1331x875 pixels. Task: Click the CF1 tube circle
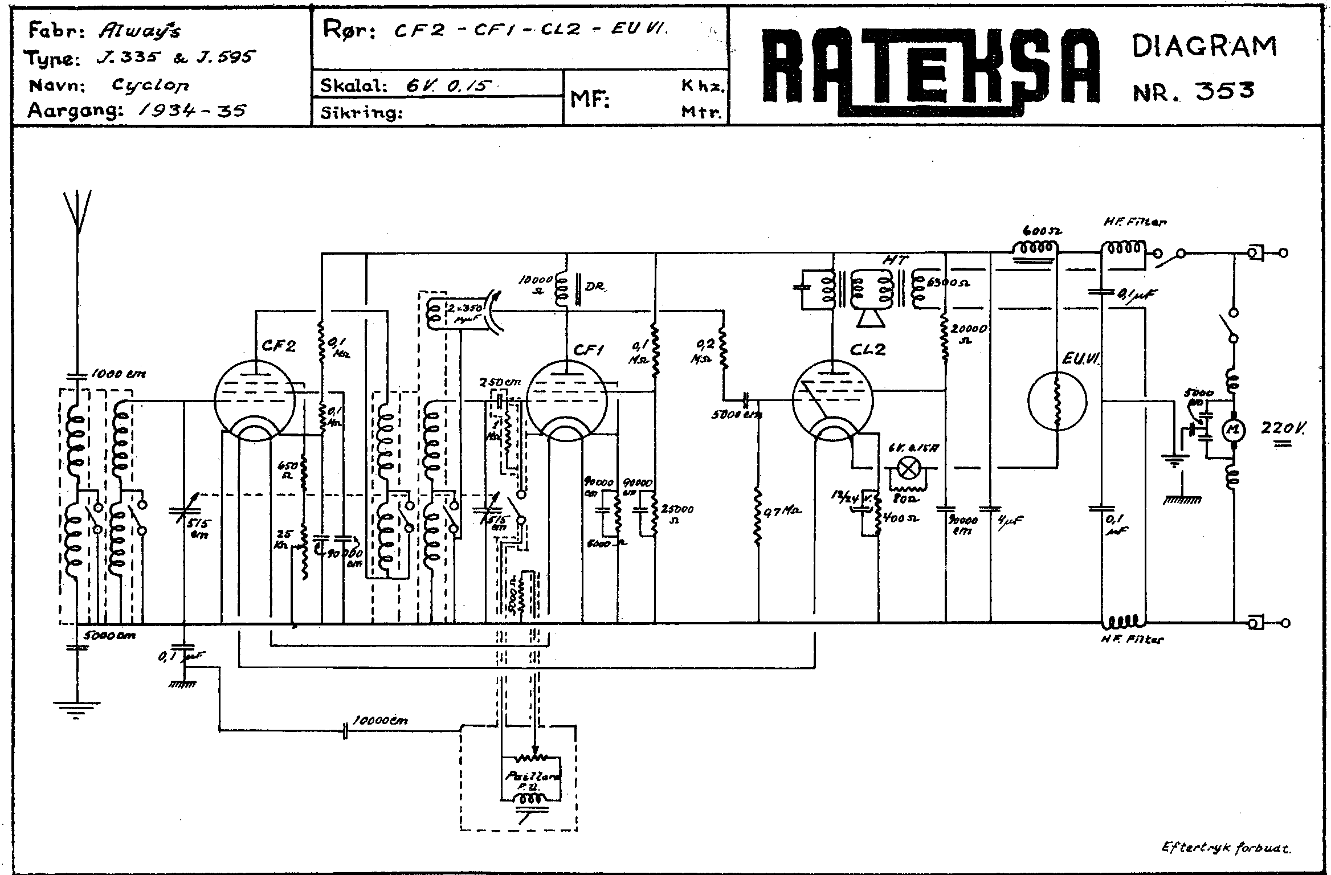(x=567, y=399)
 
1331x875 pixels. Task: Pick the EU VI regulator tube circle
(x=1057, y=402)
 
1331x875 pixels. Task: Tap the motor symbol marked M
(x=1232, y=431)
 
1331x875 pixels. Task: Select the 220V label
(x=1284, y=428)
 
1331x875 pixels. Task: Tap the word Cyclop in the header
(x=150, y=85)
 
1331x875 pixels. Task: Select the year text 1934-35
(x=192, y=110)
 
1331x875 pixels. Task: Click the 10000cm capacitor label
(x=380, y=721)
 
